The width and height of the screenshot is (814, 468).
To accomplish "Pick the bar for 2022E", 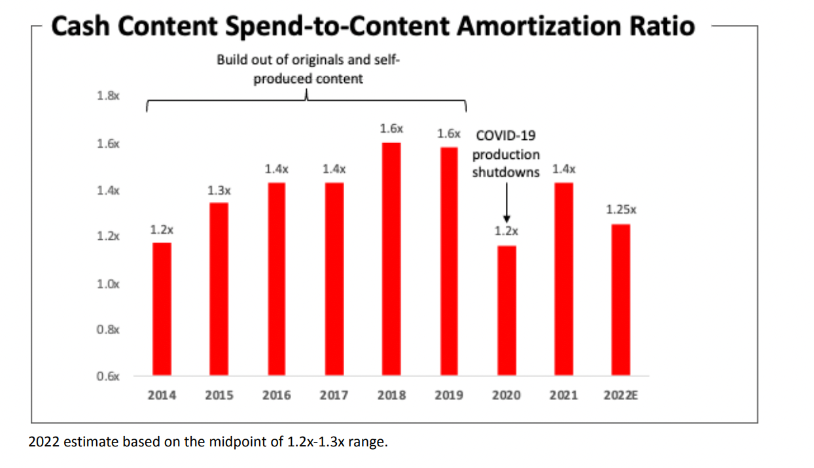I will point(621,300).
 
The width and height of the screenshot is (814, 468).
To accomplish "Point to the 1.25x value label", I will point(621,210).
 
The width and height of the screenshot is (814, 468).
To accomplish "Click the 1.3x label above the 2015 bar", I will point(219,190).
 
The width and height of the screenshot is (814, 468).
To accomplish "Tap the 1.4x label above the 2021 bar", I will point(564,169).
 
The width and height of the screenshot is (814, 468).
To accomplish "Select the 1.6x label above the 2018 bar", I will point(391,129).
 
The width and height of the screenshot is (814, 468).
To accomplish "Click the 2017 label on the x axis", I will point(334,395).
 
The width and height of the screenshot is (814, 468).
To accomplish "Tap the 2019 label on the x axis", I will point(449,395).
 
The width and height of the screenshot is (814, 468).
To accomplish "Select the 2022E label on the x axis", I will point(621,395).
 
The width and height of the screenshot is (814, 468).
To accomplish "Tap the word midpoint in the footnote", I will point(239,442).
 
